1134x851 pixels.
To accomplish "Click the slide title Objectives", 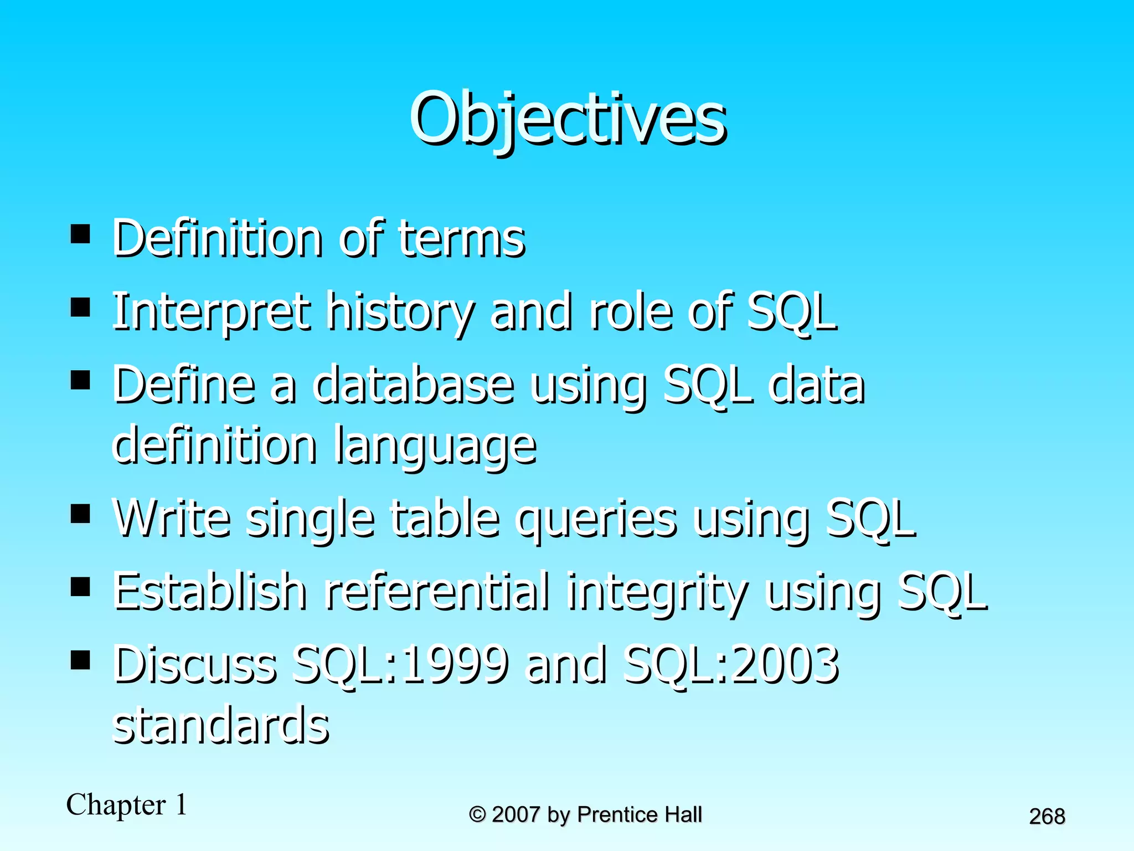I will pos(567,119).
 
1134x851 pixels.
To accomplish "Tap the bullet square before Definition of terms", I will pos(80,234).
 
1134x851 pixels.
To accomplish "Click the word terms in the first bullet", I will pos(461,239).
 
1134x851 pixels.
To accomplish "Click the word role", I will pos(631,312).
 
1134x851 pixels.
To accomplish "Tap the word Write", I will pos(172,518).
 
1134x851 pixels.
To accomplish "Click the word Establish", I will pos(210,592).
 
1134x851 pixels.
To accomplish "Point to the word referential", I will pos(437,592).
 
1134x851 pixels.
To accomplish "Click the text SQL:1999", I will pos(400,665).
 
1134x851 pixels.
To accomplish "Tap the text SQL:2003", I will pos(730,665).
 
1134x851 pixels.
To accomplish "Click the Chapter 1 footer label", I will pos(127,805).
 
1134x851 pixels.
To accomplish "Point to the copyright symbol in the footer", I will pos(477,815).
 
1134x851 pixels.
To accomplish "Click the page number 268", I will pos(1047,817).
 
